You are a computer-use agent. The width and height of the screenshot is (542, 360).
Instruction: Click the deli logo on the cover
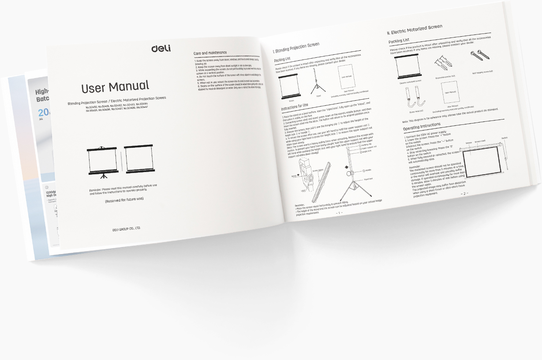point(161,48)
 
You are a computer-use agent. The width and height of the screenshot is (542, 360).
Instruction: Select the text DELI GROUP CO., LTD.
point(126,229)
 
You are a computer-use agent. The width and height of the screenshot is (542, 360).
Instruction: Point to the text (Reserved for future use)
point(124,199)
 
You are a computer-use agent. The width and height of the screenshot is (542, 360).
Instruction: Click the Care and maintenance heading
point(210,53)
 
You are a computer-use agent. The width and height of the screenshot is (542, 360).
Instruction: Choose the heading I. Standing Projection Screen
point(296,47)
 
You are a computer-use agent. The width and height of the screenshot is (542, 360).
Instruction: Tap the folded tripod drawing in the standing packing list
point(317,82)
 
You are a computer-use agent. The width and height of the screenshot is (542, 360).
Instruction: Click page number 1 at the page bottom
point(339,213)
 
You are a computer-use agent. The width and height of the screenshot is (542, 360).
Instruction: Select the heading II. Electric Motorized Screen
point(414,29)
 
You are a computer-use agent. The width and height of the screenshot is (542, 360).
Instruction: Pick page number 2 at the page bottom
point(464,194)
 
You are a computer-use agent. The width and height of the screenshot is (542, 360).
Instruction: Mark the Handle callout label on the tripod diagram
point(368,169)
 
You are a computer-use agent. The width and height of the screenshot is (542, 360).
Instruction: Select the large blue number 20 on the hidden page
point(43,112)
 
